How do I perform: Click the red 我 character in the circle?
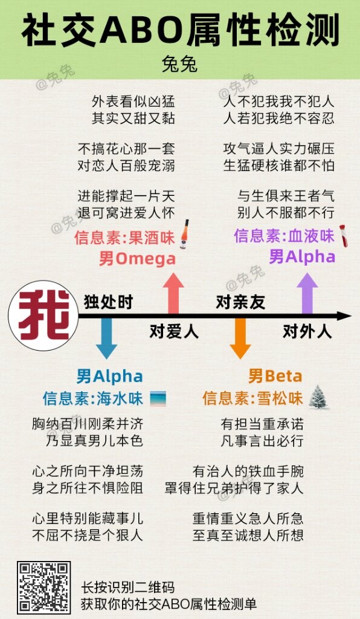point(43,316)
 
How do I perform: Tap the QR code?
point(43,588)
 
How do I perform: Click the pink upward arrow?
point(173,294)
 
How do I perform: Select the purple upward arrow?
point(307,294)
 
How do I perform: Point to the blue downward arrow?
point(106,338)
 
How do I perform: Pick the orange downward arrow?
point(240,338)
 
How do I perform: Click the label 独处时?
point(109,302)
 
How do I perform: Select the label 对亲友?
point(240,302)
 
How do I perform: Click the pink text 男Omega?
point(137,259)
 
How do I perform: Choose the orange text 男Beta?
point(275,376)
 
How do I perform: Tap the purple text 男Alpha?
point(302,256)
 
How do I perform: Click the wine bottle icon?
point(184,234)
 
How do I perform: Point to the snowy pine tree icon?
point(318,397)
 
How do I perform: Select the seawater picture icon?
point(158,399)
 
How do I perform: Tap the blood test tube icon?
point(344,236)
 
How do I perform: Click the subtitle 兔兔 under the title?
point(180,65)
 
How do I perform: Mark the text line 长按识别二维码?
point(128,587)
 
